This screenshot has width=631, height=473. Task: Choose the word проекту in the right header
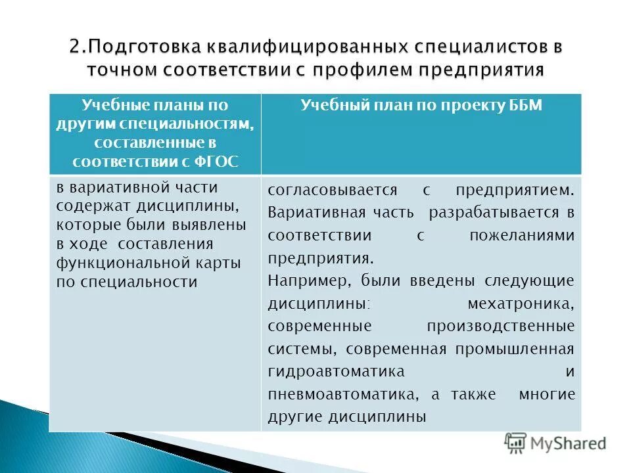pos(465,106)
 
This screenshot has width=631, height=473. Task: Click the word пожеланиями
pos(522,236)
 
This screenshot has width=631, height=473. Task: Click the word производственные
pos(501,326)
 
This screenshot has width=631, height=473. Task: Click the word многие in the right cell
pos(547,394)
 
